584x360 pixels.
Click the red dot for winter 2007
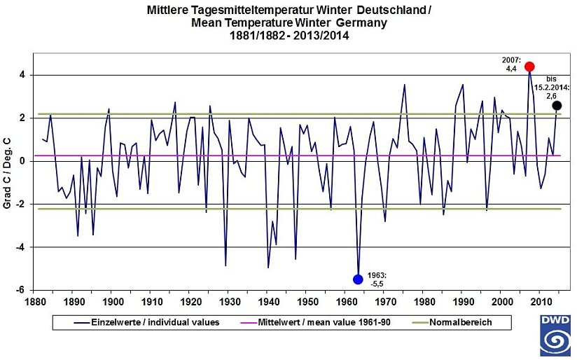(529, 67)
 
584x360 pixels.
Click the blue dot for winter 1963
(358, 279)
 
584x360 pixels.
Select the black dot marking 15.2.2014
(557, 106)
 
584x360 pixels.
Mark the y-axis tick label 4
(23, 75)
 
